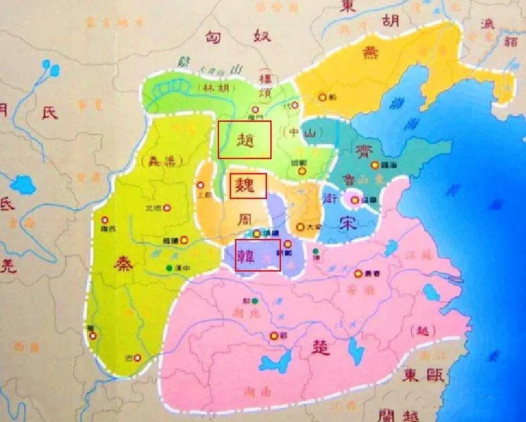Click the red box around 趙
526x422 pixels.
[244, 139]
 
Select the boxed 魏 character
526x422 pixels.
[248, 186]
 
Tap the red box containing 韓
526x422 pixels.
[258, 255]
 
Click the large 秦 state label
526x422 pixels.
[123, 263]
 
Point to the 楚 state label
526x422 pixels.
[320, 347]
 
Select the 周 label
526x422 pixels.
[246, 219]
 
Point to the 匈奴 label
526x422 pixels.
[238, 37]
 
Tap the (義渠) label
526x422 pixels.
[161, 161]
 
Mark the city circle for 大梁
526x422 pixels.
[300, 227]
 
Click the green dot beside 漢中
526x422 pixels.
[170, 268]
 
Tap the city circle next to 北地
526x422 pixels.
[167, 208]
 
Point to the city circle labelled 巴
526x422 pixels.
[138, 358]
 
